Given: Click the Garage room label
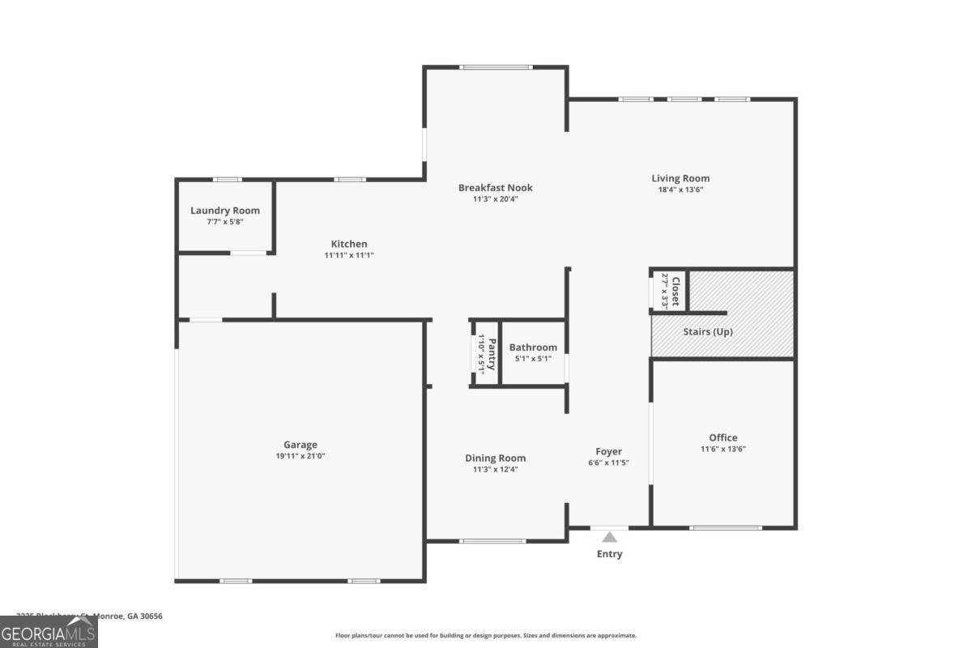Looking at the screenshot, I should pos(300,445).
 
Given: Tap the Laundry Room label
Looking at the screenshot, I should pos(225,211).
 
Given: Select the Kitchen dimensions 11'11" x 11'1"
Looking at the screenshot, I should pos(349,255).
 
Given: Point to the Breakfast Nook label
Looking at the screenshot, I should pos(496,188).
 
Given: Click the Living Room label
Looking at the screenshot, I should pos(680,178).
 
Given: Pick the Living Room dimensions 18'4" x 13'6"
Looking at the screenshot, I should pos(680,190).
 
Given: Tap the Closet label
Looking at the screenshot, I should pos(676,290).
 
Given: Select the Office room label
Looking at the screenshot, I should pos(723,437).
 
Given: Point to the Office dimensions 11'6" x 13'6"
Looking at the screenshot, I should pos(723,449).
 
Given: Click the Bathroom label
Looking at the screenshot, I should pos(533,347).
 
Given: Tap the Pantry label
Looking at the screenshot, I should pos(491,353).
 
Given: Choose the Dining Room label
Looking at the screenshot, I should pos(495,458).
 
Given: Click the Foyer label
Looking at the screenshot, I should pos(608,451).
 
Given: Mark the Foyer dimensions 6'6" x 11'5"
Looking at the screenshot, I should pos(608,463).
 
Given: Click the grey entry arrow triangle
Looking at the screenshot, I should pos(609,537).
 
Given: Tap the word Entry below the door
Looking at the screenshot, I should pos(609,554).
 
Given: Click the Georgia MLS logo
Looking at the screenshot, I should pos(49,632).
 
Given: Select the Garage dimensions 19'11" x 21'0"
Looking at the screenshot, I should pos(300,456).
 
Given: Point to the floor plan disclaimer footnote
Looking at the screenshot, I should pos(486,636).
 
